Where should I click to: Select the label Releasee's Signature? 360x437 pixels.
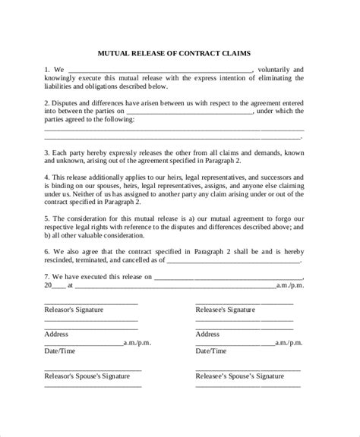[226, 310]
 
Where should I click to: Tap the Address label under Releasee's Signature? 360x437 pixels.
[208, 333]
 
